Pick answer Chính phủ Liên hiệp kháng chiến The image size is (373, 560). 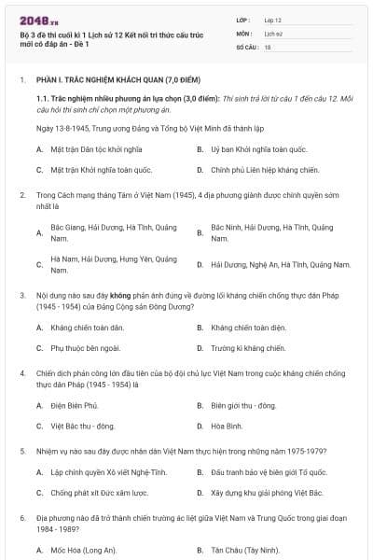click(x=252, y=170)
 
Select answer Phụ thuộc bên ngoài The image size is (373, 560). click(x=86, y=348)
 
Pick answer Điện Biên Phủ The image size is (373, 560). click(x=75, y=405)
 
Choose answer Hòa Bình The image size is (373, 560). click(x=227, y=426)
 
